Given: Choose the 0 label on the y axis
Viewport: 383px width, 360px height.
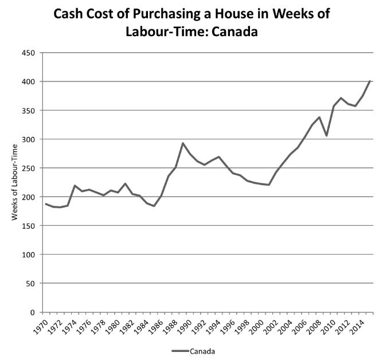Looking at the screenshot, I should point(33,312).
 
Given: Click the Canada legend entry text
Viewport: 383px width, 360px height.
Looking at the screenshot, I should point(204,351).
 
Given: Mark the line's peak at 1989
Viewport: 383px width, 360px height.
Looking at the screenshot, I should point(182,143).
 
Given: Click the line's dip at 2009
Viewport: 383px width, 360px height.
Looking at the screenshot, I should point(326,135).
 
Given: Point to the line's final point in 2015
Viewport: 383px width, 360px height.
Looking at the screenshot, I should point(370,81).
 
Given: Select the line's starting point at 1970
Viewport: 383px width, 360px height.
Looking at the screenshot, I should point(46,204).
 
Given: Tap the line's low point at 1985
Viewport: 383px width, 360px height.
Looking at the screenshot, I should point(154,206).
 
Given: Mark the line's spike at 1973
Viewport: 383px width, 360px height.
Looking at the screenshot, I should point(75,186).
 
